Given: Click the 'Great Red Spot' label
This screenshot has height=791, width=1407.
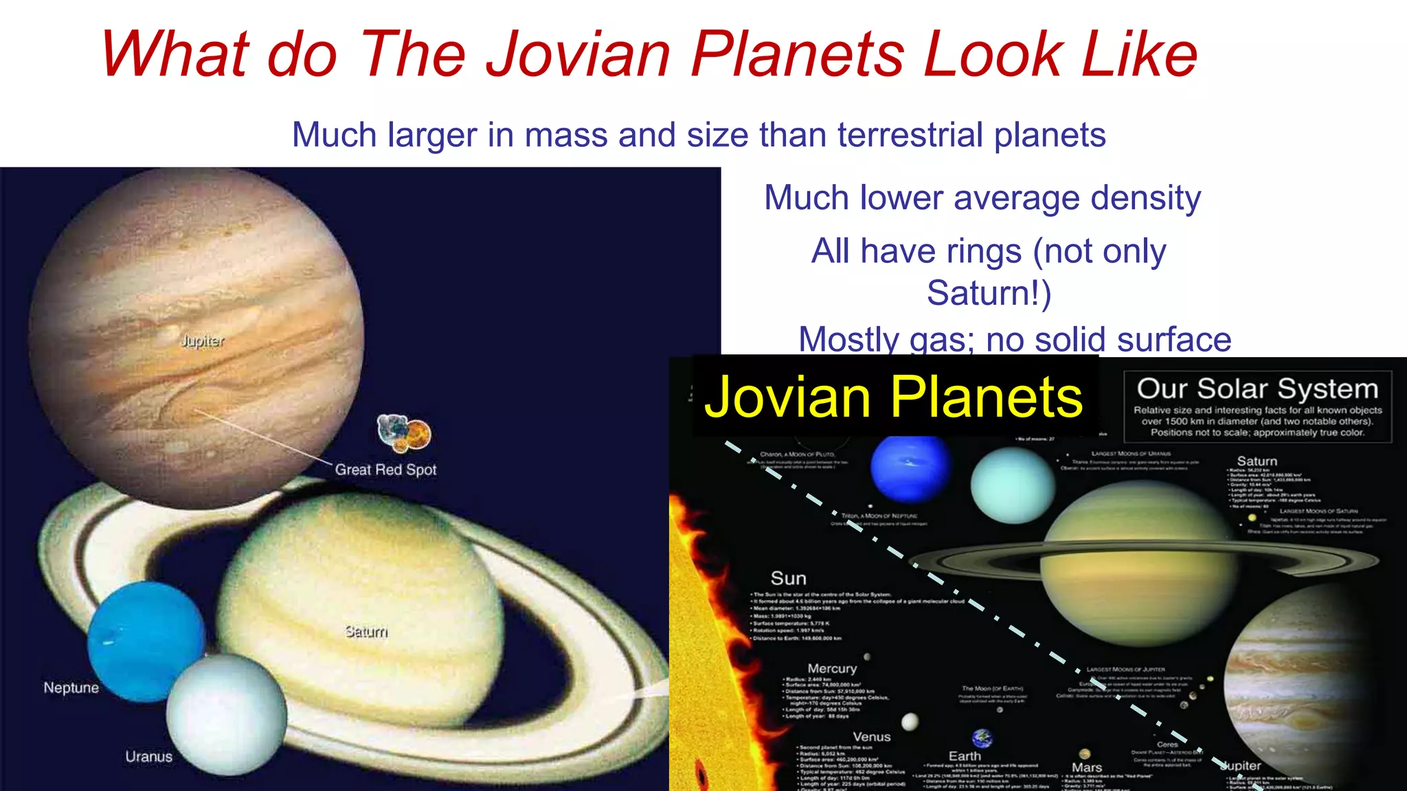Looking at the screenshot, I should [x=385, y=470].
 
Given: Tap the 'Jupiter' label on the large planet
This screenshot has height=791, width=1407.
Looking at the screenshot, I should [x=202, y=341].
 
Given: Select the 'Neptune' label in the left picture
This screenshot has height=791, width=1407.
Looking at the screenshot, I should [x=71, y=687].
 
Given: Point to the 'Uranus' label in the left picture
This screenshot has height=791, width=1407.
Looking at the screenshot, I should [x=148, y=756].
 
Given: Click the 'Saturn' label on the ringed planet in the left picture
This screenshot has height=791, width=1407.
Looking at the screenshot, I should [x=366, y=631].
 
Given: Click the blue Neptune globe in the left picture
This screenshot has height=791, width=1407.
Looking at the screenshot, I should [x=146, y=639].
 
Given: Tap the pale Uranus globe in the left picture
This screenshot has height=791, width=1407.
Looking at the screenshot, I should [x=227, y=714].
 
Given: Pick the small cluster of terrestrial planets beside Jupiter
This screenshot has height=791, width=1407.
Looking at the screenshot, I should [x=404, y=433].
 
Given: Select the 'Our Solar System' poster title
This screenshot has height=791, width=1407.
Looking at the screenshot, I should [x=1257, y=389].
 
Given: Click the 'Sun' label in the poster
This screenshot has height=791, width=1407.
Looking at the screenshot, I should [x=788, y=578].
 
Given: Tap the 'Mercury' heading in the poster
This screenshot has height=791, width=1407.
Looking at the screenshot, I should [x=832, y=668].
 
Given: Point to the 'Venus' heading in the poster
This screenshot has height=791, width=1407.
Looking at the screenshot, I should [x=871, y=737].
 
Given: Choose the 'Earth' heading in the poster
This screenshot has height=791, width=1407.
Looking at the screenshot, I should [x=965, y=756].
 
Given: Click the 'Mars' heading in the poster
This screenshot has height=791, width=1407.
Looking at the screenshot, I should [x=1086, y=767].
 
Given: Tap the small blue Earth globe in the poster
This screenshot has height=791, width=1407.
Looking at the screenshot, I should [x=982, y=738].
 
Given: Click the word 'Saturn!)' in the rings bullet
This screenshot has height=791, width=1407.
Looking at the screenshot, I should [x=989, y=293].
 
